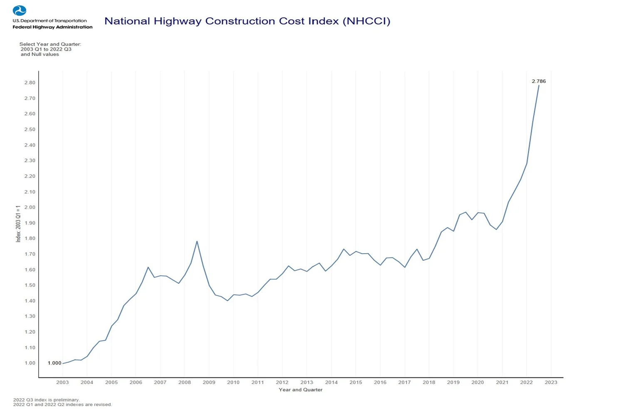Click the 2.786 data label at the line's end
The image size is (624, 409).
pos(538,81)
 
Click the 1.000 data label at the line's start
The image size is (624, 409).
pos(54,363)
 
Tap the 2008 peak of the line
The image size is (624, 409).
pos(197,241)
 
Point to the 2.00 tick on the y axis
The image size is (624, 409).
pos(30,207)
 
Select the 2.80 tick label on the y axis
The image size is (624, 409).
pos(30,82)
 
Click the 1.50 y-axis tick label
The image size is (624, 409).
pos(30,285)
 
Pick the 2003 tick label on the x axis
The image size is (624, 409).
pos(62,382)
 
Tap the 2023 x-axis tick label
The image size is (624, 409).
pos(551,382)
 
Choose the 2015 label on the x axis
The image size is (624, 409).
pos(356,382)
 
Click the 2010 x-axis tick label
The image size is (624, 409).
pos(233,382)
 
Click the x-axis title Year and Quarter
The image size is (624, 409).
pos(300,390)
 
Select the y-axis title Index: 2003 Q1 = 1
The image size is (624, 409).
pos(18,223)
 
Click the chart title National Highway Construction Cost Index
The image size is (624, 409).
pos(247,21)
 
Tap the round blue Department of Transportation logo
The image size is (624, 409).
pos(20,10)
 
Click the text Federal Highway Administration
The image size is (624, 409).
pos(52,27)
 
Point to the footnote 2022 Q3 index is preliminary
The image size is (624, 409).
pos(46,400)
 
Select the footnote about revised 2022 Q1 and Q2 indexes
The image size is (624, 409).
pos(62,404)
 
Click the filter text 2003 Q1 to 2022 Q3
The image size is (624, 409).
pos(46,49)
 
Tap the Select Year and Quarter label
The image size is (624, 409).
pos(50,44)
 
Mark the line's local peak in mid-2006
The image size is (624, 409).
pos(148,267)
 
